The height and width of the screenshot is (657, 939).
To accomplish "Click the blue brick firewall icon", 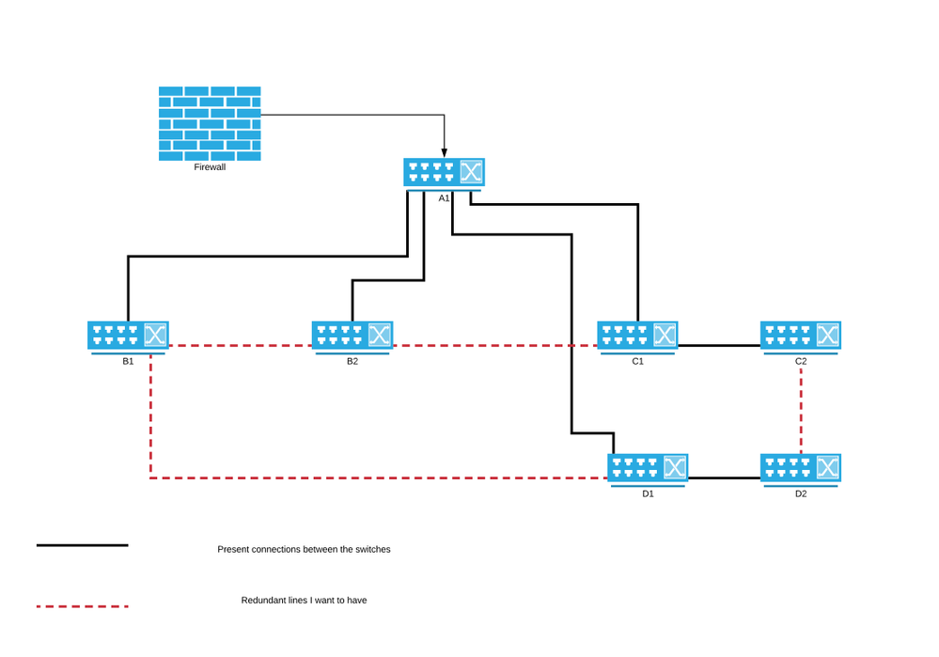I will pyautogui.click(x=210, y=123).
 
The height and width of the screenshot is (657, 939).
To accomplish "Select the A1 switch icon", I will pyautogui.click(x=444, y=173).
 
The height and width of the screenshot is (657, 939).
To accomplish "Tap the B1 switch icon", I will pyautogui.click(x=128, y=336).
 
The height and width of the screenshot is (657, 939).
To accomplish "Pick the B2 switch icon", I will pyautogui.click(x=352, y=336).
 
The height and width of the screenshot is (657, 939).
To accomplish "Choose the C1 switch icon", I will pyautogui.click(x=637, y=336).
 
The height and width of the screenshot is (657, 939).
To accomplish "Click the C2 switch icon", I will pyautogui.click(x=801, y=336).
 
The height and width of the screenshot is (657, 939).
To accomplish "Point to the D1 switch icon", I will pyautogui.click(x=648, y=468).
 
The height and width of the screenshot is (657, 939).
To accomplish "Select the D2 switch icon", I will pyautogui.click(x=801, y=468).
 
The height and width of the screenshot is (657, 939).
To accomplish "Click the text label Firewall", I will pyautogui.click(x=210, y=167).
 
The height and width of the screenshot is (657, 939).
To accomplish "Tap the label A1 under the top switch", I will pyautogui.click(x=444, y=198).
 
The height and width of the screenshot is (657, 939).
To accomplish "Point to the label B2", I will pyautogui.click(x=352, y=361).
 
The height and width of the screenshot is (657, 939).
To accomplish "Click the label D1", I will pyautogui.click(x=648, y=493).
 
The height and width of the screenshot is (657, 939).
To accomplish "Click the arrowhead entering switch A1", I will pyautogui.click(x=445, y=151).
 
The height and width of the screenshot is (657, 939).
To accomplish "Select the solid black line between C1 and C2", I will pyautogui.click(x=719, y=346).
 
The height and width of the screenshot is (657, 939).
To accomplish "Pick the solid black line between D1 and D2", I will pyautogui.click(x=724, y=478).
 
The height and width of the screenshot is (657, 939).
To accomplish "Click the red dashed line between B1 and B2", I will pyautogui.click(x=240, y=346).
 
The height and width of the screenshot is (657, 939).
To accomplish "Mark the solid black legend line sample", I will pyautogui.click(x=83, y=545).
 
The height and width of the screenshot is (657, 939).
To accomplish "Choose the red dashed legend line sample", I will pyautogui.click(x=83, y=606).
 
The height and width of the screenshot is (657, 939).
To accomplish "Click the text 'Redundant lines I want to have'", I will pyautogui.click(x=304, y=600).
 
